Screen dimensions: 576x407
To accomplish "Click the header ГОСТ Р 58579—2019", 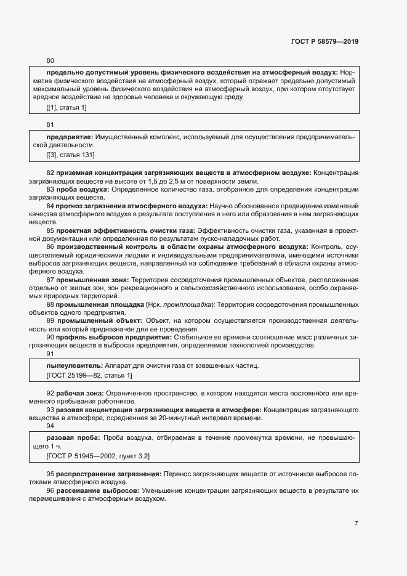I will pos(324,41).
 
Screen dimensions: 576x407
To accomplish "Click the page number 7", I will pos(356,523).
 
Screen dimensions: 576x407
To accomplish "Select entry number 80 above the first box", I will pos(50,60).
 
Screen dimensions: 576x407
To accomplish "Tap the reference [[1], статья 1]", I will pos(66,108).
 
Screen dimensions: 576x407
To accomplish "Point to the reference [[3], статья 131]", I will pos(70,154).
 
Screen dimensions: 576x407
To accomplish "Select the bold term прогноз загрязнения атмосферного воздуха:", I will pos(131,206).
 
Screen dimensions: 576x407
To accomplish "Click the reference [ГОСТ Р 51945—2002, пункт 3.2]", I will pos(99,455).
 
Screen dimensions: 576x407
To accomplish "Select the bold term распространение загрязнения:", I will pos(109,474).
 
